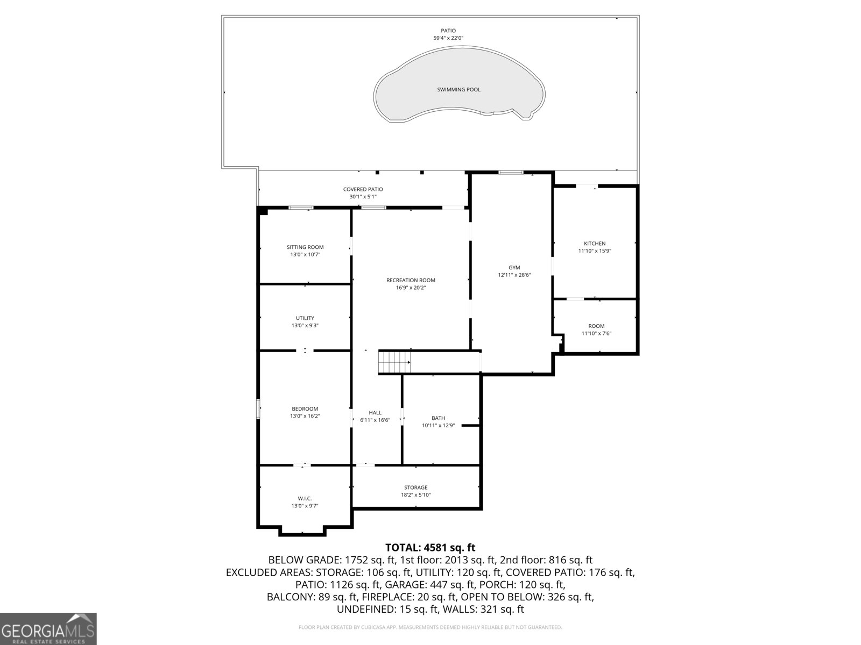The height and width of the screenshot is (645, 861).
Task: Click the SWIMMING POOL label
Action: tap(458, 90)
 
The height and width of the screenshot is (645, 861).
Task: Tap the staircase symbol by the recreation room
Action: tap(394, 362)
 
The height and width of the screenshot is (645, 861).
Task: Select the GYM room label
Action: tap(514, 267)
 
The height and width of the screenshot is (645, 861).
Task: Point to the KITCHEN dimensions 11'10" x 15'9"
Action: tap(595, 251)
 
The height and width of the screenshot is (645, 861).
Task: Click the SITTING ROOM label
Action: tap(305, 247)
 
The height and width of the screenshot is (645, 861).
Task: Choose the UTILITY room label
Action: tap(305, 318)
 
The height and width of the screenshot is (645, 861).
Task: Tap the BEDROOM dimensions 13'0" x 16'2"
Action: tap(305, 416)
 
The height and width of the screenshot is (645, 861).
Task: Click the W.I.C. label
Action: tap(305, 498)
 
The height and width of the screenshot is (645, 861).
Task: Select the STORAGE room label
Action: tap(416, 488)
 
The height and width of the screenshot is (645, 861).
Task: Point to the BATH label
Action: tap(438, 418)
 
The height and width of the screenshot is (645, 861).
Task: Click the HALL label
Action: tap(375, 413)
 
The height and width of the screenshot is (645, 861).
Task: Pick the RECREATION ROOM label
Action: tap(411, 280)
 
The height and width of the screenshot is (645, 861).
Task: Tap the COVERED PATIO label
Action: tap(363, 189)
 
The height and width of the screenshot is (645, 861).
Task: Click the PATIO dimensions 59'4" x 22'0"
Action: tap(448, 38)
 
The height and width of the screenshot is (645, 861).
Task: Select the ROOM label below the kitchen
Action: tap(596, 326)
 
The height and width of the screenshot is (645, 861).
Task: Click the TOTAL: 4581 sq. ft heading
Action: tap(430, 548)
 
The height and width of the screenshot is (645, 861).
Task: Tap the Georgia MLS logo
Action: tap(48, 628)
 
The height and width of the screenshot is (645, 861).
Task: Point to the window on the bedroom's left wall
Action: tap(258, 409)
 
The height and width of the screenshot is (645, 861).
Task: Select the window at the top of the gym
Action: tap(511, 173)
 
